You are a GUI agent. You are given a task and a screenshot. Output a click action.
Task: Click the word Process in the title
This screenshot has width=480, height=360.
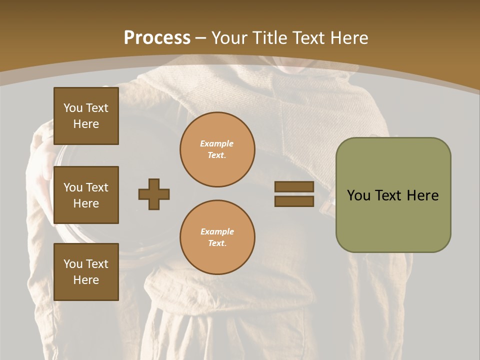click(x=157, y=38)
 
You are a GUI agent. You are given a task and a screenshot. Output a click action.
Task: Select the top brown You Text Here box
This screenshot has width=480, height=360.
click(x=86, y=116)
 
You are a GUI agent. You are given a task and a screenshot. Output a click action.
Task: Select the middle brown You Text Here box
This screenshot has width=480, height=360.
click(x=86, y=195)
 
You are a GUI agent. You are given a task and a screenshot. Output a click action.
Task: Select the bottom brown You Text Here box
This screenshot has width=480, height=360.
click(x=86, y=272)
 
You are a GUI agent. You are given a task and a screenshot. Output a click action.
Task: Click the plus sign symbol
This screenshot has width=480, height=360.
click(x=154, y=194)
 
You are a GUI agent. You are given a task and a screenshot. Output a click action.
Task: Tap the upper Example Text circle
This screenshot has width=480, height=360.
click(x=217, y=149)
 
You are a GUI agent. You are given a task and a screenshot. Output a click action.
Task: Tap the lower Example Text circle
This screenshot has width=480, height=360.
click(x=217, y=237)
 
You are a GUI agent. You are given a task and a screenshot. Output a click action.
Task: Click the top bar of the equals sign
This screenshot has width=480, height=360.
click(x=294, y=187)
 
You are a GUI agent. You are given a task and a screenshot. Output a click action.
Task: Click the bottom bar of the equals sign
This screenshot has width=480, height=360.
click(x=294, y=201)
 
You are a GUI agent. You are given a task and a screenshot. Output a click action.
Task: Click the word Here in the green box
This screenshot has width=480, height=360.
click(x=422, y=195)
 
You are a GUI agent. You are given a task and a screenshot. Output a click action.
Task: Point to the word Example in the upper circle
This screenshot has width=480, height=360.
click(x=217, y=143)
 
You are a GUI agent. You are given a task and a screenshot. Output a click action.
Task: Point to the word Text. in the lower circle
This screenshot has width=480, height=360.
click(x=217, y=243)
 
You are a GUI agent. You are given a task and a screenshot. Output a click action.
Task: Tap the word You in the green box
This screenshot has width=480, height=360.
click(x=358, y=195)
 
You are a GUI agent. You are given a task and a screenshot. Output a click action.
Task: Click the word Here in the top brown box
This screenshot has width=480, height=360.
click(x=86, y=124)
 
